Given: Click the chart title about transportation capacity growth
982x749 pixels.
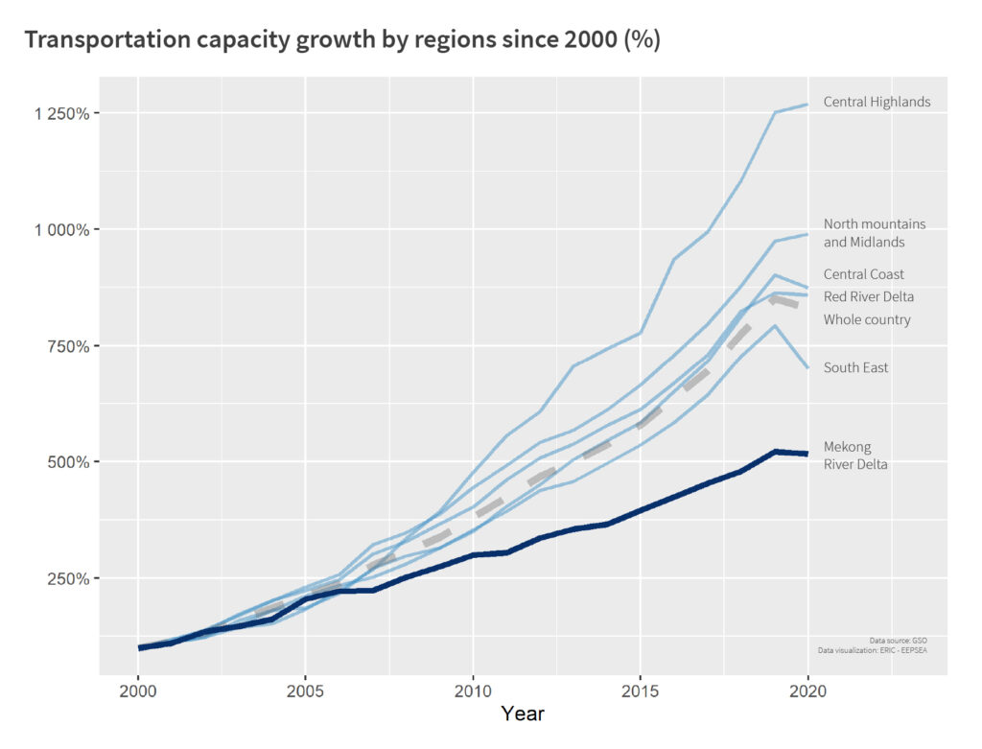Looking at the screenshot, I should click(342, 40).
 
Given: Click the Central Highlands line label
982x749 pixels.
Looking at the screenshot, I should click(877, 102).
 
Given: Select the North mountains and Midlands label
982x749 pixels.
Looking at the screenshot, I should click(875, 233).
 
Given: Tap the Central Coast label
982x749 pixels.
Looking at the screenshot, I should click(863, 274).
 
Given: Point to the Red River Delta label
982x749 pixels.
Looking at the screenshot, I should click(868, 296).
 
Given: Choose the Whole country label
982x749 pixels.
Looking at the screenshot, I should click(867, 319).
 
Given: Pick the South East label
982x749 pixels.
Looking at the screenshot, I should click(855, 367).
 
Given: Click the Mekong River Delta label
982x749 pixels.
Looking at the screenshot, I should click(855, 456).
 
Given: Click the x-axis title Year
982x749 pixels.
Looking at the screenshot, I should click(523, 714).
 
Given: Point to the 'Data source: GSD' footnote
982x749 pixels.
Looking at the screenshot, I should click(898, 640).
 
